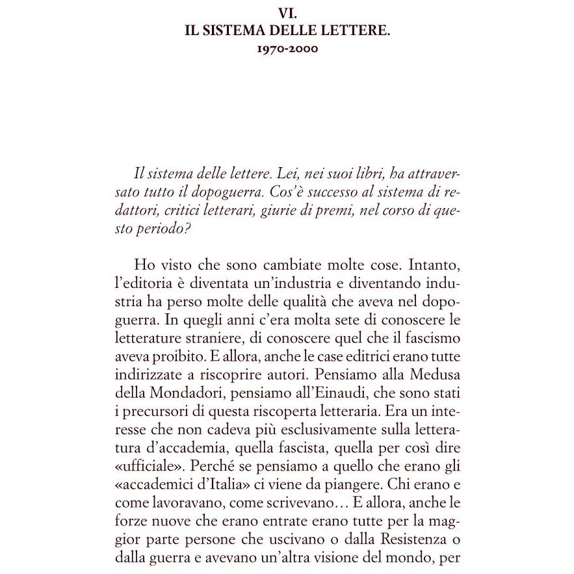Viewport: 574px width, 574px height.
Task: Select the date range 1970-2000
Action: coord(287,49)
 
